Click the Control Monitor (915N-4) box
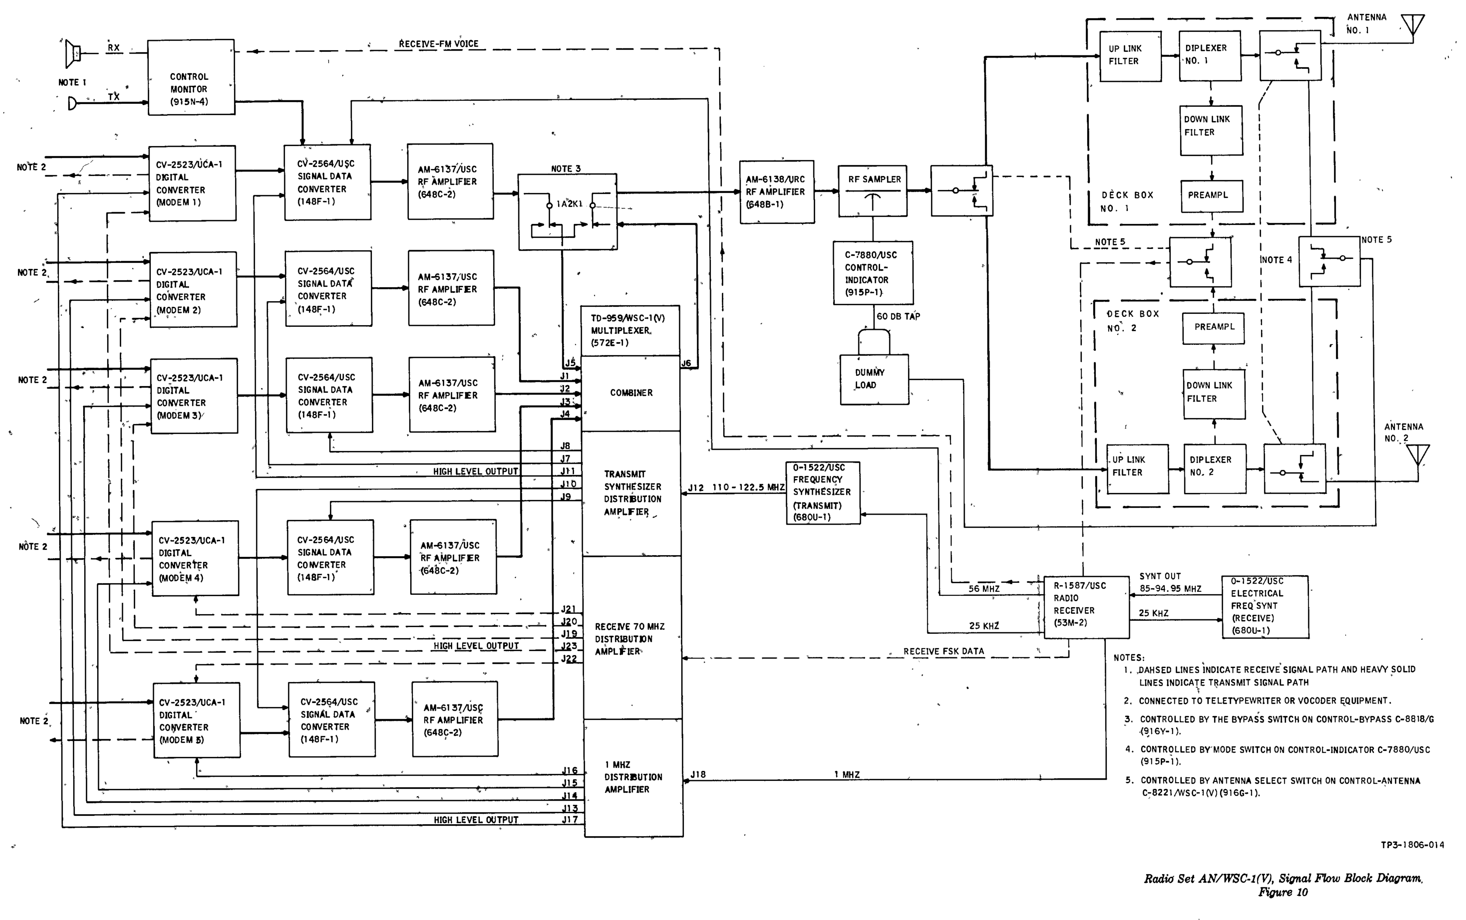coord(191,77)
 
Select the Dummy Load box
coord(874,380)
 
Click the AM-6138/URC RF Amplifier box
coord(776,192)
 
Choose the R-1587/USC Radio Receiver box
coord(1086,607)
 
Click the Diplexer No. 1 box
coord(1210,55)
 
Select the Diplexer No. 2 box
coord(1214,468)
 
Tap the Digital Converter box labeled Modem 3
coord(194,396)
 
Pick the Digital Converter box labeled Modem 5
coord(197,720)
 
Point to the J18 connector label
coord(698,774)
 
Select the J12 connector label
coord(696,488)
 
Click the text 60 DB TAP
coord(898,316)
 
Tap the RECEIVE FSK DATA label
coord(943,651)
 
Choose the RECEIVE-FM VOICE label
coord(439,44)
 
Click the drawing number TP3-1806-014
coord(1412,845)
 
